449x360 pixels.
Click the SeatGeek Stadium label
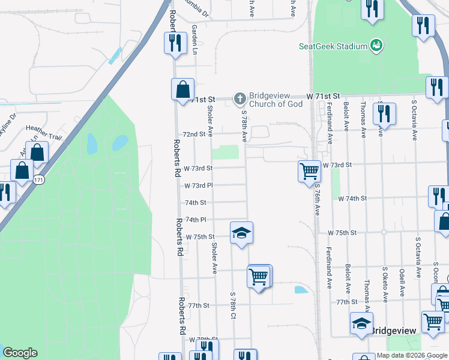[333, 46]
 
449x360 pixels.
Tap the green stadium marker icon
[376, 45]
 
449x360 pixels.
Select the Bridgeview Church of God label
[276, 100]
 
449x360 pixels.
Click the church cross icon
[240, 98]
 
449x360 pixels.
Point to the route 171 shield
[39, 179]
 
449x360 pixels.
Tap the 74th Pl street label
[196, 220]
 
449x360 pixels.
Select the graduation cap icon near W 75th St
[241, 232]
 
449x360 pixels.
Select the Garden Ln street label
[194, 40]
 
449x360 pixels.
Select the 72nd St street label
[194, 134]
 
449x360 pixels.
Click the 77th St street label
[197, 305]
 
